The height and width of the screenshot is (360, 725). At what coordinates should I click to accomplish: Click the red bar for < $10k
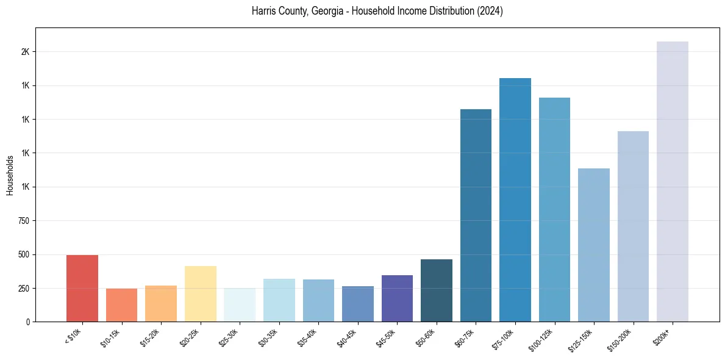point(82,288)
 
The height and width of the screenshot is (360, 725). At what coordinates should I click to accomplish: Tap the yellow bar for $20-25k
point(201,293)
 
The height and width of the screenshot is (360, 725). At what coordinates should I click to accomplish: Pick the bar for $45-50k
point(397,298)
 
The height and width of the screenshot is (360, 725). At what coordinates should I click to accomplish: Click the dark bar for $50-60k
point(437,290)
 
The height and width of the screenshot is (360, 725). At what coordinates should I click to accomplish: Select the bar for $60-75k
point(476,215)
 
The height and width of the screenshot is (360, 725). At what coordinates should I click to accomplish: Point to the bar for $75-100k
point(515,200)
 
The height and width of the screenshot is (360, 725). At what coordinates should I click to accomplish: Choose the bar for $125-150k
point(594,245)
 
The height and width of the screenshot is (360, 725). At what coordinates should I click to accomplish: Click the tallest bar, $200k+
point(673,181)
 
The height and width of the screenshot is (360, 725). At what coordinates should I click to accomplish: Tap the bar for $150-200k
point(633,226)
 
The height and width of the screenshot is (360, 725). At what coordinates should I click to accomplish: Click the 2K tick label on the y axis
point(25,52)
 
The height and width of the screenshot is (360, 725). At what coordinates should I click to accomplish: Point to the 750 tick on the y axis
point(24,221)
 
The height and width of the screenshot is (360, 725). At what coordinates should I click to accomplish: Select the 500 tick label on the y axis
point(24,254)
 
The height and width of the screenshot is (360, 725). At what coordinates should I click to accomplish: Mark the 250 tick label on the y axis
point(24,288)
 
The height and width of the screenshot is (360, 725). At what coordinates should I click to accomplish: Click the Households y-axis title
point(10,175)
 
